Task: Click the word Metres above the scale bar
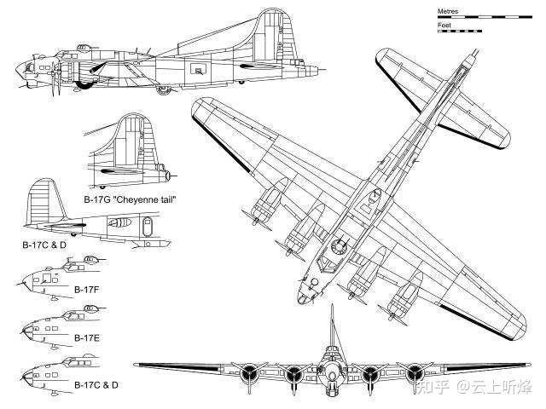447,11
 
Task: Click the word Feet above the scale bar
444,25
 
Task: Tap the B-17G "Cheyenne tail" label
130,199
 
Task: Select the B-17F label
87,290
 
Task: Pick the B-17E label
87,337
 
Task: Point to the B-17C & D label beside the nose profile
96,385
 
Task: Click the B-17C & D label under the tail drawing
44,245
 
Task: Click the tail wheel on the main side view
241,82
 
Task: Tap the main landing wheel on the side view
163,90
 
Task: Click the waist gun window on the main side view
199,70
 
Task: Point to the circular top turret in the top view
339,246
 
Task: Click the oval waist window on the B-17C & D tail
148,227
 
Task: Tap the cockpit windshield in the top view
327,262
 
